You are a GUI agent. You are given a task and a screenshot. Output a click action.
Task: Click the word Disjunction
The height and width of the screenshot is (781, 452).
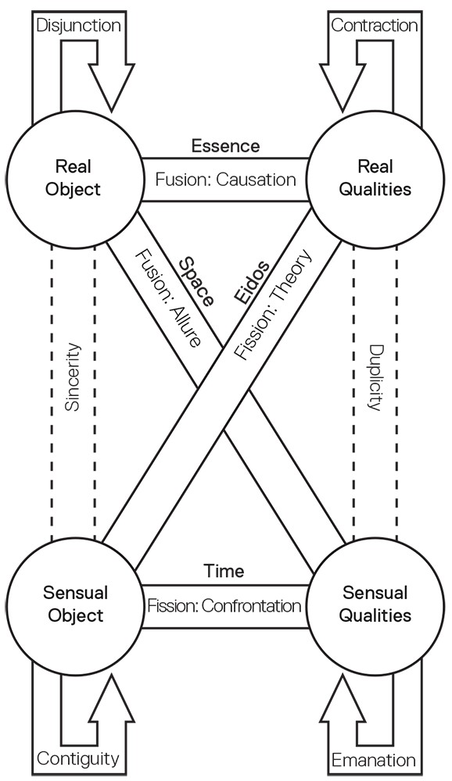click(x=79, y=25)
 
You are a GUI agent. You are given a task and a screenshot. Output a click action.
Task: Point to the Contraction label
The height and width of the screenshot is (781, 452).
click(x=374, y=25)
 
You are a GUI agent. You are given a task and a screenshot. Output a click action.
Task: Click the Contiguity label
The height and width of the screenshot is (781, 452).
click(x=78, y=758)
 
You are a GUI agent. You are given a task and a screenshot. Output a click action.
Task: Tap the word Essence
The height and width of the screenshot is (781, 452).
click(x=225, y=145)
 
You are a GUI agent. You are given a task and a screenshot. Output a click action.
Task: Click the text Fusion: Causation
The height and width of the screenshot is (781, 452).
click(x=225, y=180)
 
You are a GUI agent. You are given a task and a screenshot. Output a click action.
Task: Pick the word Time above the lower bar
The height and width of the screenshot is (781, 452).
click(x=224, y=571)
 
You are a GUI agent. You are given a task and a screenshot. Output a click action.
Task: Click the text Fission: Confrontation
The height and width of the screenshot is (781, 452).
click(x=224, y=605)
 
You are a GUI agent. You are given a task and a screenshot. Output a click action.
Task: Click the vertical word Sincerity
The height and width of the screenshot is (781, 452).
click(x=72, y=377)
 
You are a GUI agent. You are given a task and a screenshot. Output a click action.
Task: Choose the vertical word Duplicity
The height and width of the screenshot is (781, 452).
click(x=375, y=377)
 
